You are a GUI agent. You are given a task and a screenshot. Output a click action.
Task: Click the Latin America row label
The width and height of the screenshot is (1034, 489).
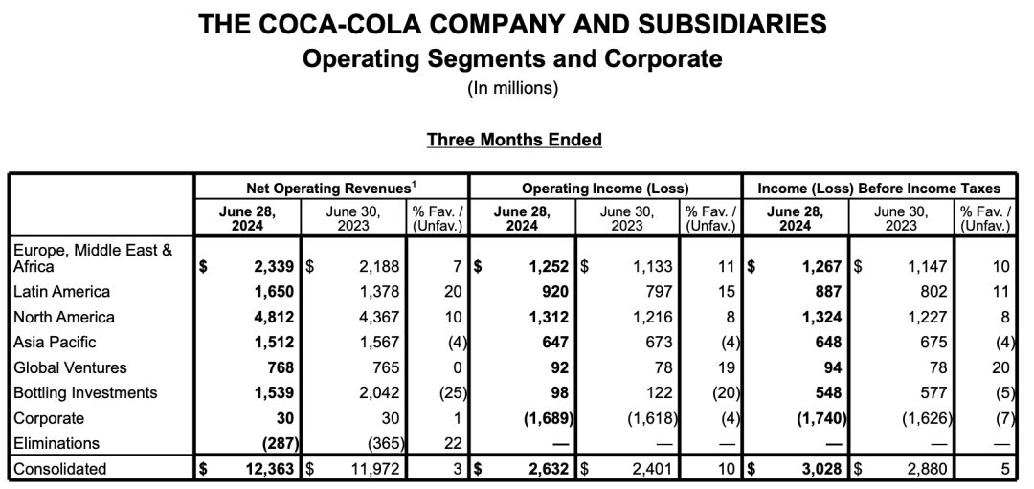pyautogui.click(x=61, y=291)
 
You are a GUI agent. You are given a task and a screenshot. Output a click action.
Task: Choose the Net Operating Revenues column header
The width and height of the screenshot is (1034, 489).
pyautogui.click(x=330, y=189)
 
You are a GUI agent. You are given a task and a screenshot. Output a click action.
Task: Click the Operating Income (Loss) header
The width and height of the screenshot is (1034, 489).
pyautogui.click(x=605, y=189)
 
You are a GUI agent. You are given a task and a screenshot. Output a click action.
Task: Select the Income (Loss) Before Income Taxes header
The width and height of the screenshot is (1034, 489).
pyautogui.click(x=879, y=189)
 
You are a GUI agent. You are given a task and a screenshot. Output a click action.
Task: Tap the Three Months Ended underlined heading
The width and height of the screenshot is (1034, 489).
pyautogui.click(x=514, y=140)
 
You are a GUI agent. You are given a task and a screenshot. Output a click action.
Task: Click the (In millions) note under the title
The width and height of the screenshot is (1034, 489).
pyautogui.click(x=513, y=89)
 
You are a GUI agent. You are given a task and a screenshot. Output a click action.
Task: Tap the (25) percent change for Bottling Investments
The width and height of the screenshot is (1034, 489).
pyautogui.click(x=448, y=392)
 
